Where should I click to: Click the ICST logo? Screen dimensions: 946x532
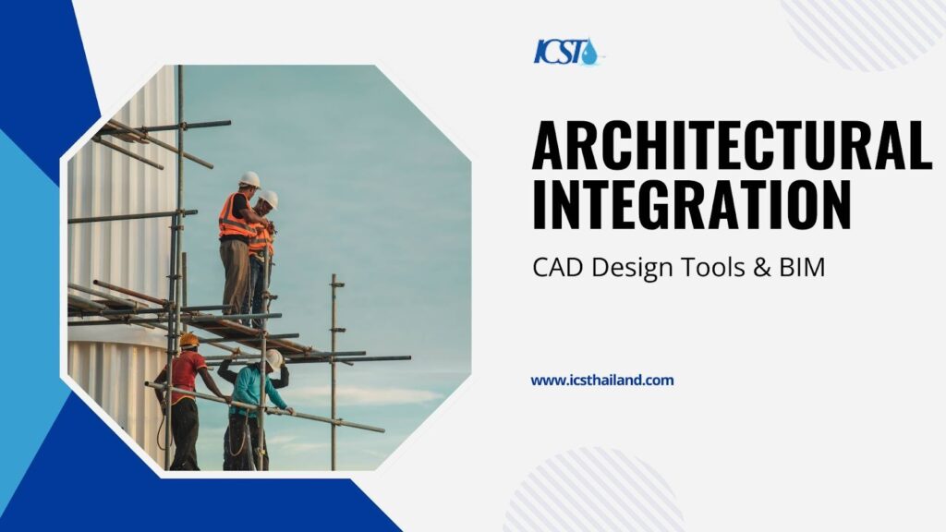566,52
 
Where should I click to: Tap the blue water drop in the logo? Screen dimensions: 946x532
589,53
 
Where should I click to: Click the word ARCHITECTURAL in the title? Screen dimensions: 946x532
732,145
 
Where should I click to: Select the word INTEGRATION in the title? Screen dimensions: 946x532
691,203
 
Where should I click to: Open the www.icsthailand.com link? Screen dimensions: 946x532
602,381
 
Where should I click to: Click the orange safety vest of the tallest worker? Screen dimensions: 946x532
236,216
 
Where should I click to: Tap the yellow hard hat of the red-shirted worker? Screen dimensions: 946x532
188,340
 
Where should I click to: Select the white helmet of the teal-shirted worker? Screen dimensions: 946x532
273,359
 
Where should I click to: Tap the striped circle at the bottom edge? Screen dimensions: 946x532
594,492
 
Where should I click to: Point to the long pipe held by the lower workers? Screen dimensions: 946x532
264,407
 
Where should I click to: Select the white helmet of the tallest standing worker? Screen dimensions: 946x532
249,179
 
